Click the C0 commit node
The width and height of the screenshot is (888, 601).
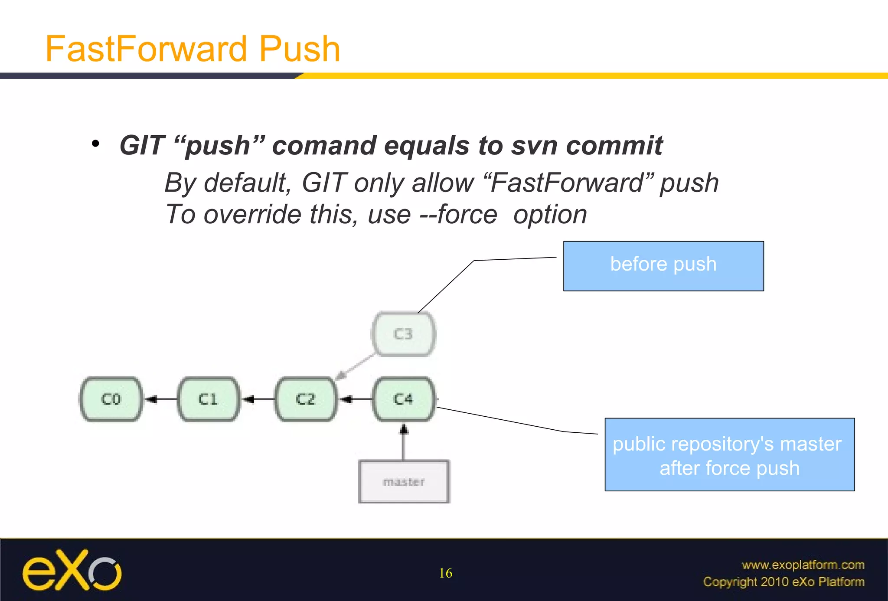tap(111, 399)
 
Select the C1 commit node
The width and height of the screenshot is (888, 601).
tap(209, 399)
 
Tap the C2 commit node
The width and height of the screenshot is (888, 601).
tap(306, 399)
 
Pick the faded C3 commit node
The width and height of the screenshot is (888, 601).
tap(403, 334)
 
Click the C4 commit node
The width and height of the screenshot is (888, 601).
tap(403, 399)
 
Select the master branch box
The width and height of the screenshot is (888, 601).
tap(404, 482)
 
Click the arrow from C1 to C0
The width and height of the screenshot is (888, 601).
tap(160, 399)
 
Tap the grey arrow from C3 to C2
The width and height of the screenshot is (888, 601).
tap(356, 366)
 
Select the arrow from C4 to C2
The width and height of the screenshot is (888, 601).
tap(356, 399)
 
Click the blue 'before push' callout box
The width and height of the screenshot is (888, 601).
tap(663, 266)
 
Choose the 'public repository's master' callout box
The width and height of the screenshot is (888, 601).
tap(729, 454)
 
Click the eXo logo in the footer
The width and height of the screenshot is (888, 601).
tap(72, 570)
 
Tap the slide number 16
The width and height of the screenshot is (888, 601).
tap(445, 573)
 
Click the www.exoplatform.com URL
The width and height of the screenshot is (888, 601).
tap(803, 565)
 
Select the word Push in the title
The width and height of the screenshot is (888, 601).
tap(299, 49)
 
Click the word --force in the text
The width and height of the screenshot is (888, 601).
tap(458, 214)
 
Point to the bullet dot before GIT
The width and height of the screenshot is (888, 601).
tap(96, 144)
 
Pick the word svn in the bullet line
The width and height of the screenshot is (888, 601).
tap(534, 145)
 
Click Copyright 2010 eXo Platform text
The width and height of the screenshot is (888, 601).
tap(784, 581)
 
